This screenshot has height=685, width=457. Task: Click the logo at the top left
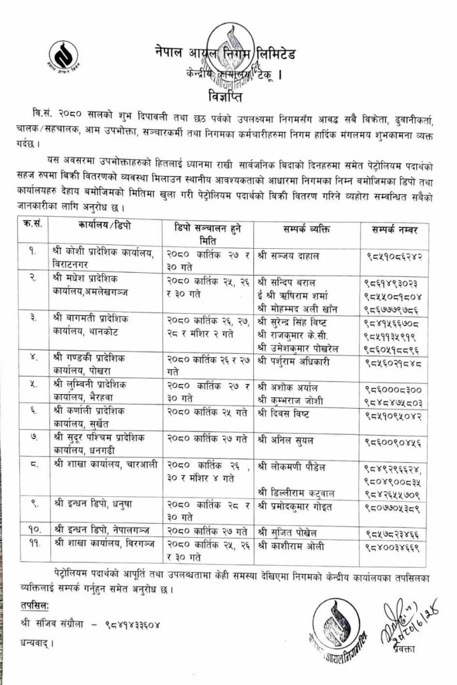[x=65, y=58]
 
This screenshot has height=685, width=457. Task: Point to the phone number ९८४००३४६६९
[x=394, y=547]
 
